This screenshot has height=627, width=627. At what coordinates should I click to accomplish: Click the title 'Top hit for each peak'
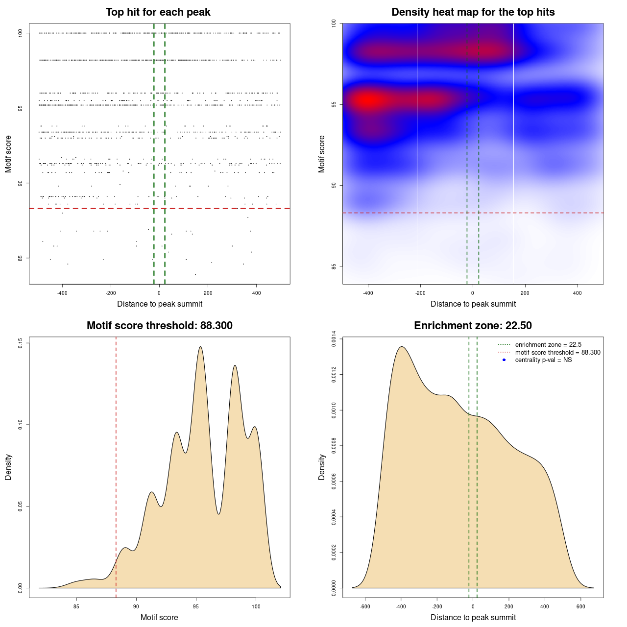[158, 12]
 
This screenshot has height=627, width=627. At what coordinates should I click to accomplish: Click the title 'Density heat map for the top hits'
[473, 12]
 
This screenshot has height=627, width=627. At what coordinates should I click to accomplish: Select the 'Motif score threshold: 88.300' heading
[159, 326]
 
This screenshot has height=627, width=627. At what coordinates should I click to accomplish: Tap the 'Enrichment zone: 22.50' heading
[473, 326]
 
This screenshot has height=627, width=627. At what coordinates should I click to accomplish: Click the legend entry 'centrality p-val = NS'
[543, 360]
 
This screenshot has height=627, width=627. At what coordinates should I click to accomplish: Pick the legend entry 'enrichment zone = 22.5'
[548, 345]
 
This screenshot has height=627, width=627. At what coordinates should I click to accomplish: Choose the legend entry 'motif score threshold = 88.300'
[557, 353]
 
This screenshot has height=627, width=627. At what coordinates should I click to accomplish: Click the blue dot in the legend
[504, 360]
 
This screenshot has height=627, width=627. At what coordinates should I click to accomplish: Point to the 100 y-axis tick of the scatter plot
[21, 33]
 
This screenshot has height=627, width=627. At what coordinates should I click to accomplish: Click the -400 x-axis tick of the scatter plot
[62, 293]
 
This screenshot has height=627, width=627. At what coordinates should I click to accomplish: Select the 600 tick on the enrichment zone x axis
[581, 606]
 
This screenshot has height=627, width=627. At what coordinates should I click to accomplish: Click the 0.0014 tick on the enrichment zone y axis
[334, 339]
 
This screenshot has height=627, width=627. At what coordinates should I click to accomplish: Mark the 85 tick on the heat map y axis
[334, 266]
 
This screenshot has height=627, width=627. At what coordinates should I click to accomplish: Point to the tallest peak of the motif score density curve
[200, 347]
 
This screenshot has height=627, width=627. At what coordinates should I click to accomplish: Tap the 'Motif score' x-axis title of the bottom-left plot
[159, 618]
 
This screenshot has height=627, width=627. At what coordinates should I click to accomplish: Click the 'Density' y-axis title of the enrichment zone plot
[322, 467]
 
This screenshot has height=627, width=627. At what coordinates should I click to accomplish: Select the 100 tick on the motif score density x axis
[256, 606]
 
